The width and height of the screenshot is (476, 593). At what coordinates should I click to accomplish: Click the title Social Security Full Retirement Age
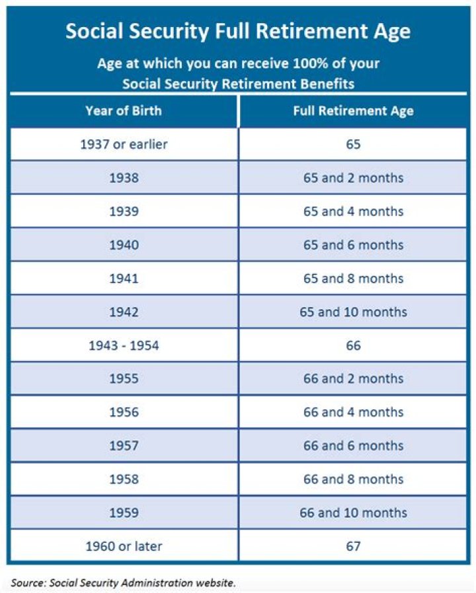238,31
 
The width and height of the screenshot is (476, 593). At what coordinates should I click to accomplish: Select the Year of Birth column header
124,111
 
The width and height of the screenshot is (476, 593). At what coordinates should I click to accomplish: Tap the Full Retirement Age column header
353,111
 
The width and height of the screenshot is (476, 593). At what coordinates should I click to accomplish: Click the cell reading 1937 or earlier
124,144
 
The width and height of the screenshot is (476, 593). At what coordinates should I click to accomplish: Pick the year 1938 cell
124,178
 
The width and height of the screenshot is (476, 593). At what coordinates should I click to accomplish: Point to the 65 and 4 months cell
353,211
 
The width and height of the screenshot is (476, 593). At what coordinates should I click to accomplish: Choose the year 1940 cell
124,245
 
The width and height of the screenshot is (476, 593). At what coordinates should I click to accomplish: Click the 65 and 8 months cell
353,278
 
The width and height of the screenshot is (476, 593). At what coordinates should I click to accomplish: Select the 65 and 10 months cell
353,312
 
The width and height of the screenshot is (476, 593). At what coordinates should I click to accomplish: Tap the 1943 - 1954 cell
124,345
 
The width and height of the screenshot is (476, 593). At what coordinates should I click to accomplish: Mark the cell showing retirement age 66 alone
353,345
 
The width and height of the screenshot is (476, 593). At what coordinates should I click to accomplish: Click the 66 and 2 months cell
353,378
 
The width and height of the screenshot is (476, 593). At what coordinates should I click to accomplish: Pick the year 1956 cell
124,412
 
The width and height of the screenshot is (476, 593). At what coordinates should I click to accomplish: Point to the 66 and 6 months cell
353,446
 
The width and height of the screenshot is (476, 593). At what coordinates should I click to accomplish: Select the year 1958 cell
124,479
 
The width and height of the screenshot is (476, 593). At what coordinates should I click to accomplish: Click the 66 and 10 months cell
353,512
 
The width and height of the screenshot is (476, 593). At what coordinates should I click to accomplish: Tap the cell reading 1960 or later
124,546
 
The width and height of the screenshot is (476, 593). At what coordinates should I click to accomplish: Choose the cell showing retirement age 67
353,546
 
